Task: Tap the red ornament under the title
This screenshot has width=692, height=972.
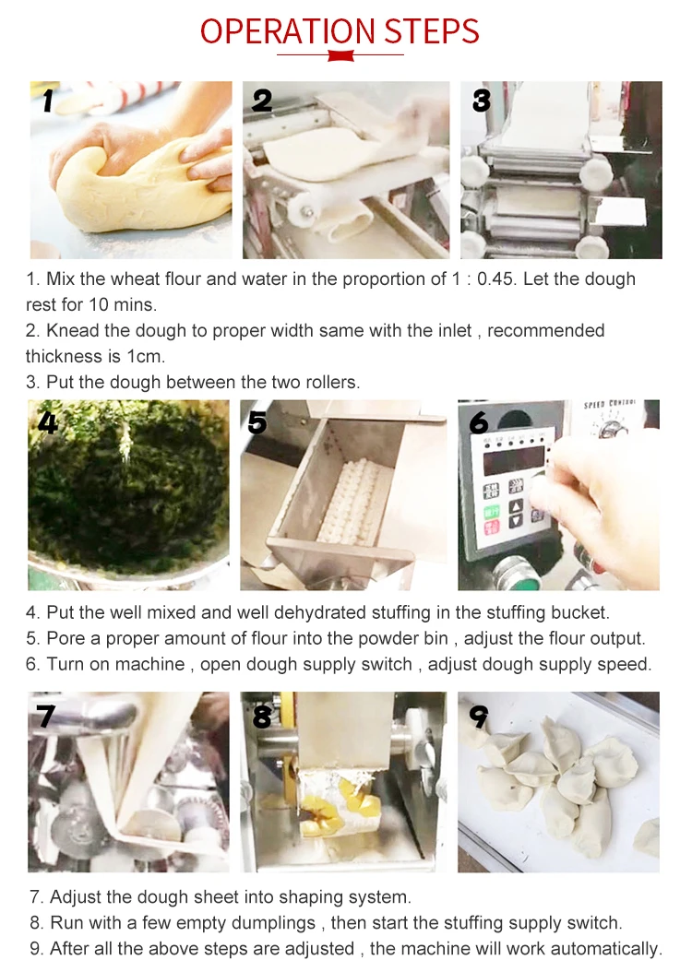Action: (340, 56)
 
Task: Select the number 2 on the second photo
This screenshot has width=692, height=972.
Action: (262, 100)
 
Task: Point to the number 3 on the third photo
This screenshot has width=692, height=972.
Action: (481, 100)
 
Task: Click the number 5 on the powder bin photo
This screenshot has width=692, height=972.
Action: (258, 422)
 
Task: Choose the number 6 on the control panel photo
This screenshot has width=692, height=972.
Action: (479, 422)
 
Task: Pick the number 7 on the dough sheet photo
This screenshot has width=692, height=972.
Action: (45, 716)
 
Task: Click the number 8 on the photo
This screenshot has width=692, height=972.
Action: (262, 716)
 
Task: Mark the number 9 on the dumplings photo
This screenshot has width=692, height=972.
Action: (479, 716)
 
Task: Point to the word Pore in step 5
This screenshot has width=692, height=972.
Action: (65, 638)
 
